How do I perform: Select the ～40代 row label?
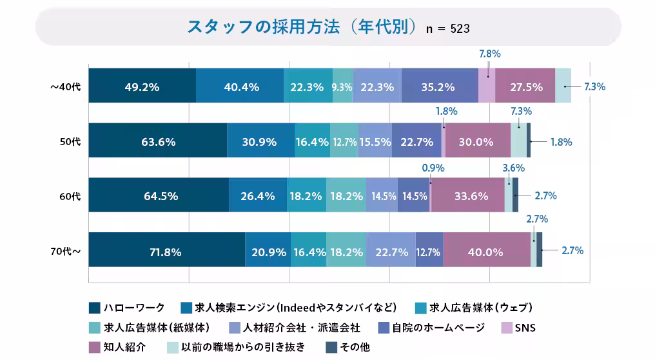coord(65,86)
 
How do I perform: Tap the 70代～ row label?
coord(65,250)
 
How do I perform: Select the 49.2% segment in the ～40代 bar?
coord(142,86)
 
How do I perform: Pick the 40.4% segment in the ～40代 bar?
coord(240,86)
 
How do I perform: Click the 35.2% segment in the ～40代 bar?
coord(439,86)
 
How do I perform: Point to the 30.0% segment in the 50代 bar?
coord(476,141)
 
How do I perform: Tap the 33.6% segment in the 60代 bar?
coord(467,195)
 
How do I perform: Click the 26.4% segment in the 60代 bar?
coord(258,195)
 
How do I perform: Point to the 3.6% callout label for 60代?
coord(514,167)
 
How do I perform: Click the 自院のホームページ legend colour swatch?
coord(383,328)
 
